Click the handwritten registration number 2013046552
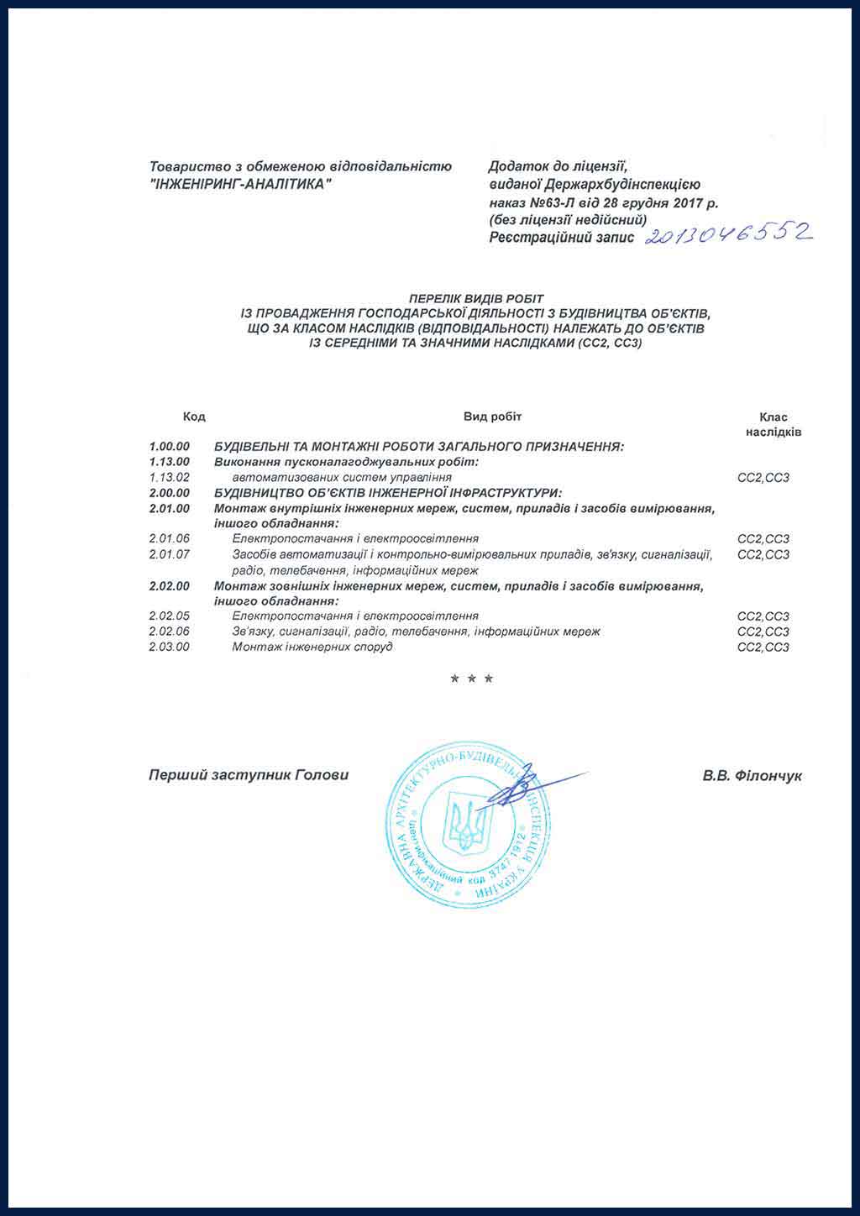click(728, 234)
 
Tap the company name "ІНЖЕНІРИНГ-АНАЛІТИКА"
click(239, 185)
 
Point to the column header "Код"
click(194, 417)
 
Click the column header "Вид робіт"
click(493, 417)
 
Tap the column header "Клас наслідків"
click(773, 424)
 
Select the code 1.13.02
click(170, 477)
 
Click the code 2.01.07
click(170, 554)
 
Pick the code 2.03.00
click(170, 647)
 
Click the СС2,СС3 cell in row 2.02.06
click(763, 632)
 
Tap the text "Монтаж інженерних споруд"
click(312, 647)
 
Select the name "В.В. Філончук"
click(752, 776)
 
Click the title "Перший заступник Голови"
click(249, 775)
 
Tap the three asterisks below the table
click(472, 679)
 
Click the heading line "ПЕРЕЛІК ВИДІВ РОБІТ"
click(476, 298)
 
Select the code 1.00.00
click(170, 446)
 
